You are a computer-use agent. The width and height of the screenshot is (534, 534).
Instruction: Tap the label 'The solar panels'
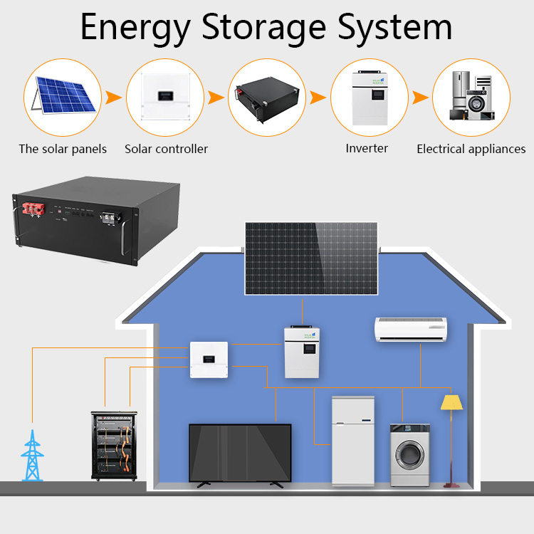pyautogui.click(x=63, y=149)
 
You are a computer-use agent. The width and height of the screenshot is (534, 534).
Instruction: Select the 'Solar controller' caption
pyautogui.click(x=166, y=149)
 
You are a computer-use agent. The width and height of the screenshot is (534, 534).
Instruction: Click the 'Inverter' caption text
pyautogui.click(x=367, y=148)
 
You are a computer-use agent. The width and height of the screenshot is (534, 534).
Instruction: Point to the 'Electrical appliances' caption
pyautogui.click(x=471, y=149)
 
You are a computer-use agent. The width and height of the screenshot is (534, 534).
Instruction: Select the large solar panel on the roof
pyautogui.click(x=312, y=258)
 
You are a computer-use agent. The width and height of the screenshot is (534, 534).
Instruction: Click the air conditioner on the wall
pyautogui.click(x=410, y=330)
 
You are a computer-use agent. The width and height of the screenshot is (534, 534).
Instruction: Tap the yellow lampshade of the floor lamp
pyautogui.click(x=451, y=403)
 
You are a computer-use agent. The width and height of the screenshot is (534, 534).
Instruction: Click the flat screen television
pyautogui.click(x=240, y=453)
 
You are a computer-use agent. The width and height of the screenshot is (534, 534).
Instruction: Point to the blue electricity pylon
pyautogui.click(x=31, y=456)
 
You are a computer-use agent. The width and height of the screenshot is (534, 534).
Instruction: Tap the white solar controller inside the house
pyautogui.click(x=209, y=359)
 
